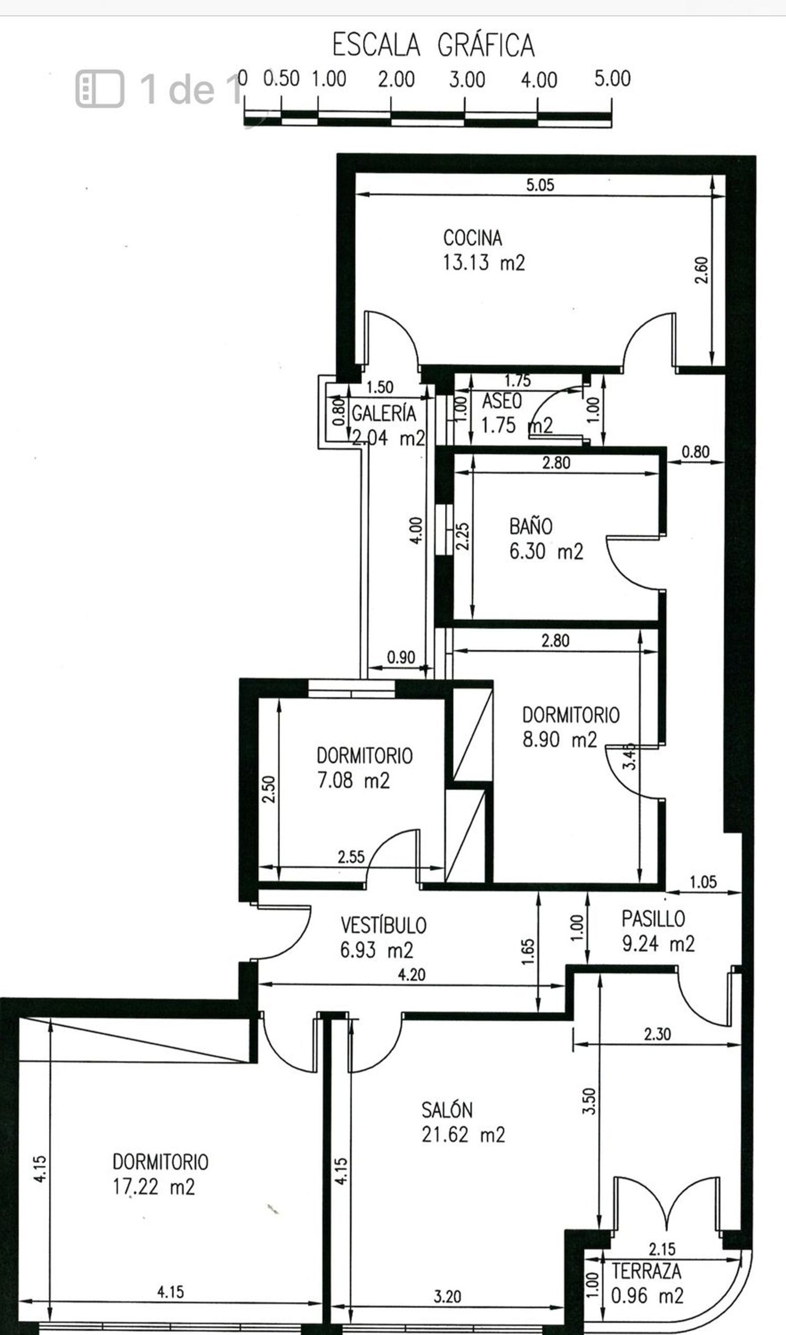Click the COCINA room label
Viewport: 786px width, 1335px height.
[473, 238]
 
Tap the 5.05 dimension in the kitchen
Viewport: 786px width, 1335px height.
[540, 185]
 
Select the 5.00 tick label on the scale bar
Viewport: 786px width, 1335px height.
[612, 79]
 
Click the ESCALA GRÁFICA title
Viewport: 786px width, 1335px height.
[433, 45]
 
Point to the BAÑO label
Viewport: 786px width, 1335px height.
[531, 527]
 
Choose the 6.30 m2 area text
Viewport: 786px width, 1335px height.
[546, 552]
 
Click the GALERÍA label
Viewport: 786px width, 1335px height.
[384, 413]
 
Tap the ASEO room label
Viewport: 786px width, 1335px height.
[501, 401]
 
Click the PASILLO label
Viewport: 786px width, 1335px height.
[653, 918]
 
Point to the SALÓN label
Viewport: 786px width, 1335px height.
[447, 1110]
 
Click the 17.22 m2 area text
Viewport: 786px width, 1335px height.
[154, 1187]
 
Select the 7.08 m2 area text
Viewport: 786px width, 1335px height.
[353, 780]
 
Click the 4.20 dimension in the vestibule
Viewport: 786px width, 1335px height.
[411, 974]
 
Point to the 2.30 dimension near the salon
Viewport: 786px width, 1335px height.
[657, 1034]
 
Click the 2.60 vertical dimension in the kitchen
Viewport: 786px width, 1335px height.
[701, 270]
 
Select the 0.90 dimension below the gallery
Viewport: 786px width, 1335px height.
[401, 658]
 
